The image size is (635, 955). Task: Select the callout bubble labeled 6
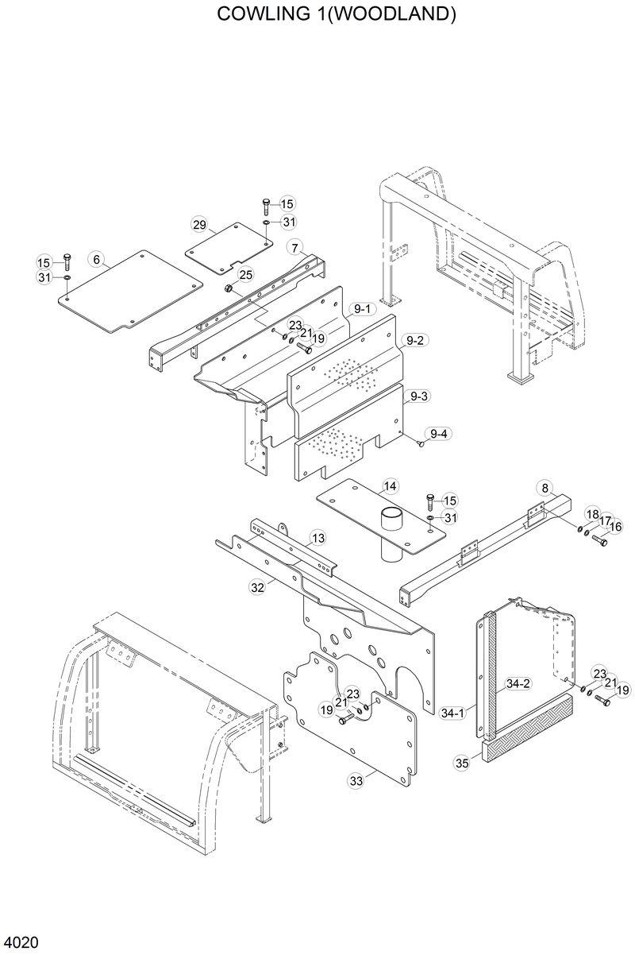coord(96,259)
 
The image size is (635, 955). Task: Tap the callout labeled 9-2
coord(416,341)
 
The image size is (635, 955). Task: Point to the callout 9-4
coord(438,433)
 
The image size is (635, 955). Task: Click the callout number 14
coord(390,485)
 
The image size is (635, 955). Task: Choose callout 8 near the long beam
coord(545,487)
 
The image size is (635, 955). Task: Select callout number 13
coord(317,539)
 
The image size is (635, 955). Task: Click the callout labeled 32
coord(256,588)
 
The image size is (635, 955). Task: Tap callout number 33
coord(356,781)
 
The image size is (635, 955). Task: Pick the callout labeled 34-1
coord(452,714)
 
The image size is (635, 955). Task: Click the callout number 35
coord(462,764)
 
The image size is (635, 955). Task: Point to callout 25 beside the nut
coord(246,274)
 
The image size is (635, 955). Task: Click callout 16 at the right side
coord(615,526)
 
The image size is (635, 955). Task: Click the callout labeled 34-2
coord(518,683)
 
